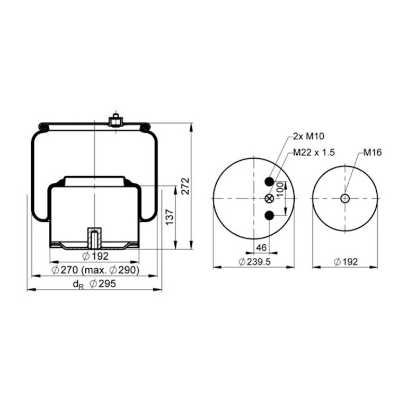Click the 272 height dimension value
pyautogui.click(x=185, y=186)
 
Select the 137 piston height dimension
pyautogui.click(x=170, y=217)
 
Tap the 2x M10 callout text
pyautogui.click(x=308, y=136)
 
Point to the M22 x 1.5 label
pyautogui.click(x=314, y=153)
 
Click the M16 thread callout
pyautogui.click(x=373, y=153)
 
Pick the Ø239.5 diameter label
pyautogui.click(x=254, y=262)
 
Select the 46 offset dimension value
pyautogui.click(x=261, y=247)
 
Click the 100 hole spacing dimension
pyautogui.click(x=280, y=190)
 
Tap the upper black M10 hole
pyautogui.click(x=269, y=181)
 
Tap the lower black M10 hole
pyautogui.click(x=269, y=216)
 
